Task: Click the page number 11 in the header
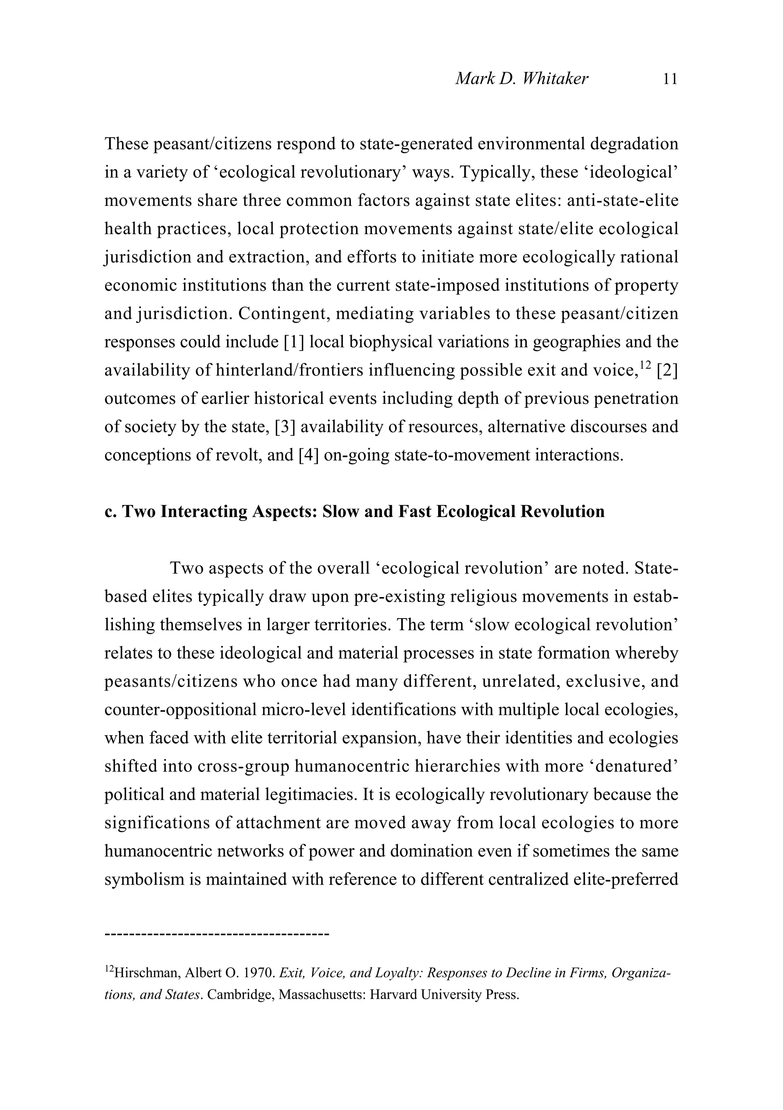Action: point(670,79)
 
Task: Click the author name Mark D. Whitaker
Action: point(521,79)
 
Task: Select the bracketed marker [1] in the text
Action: point(293,342)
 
